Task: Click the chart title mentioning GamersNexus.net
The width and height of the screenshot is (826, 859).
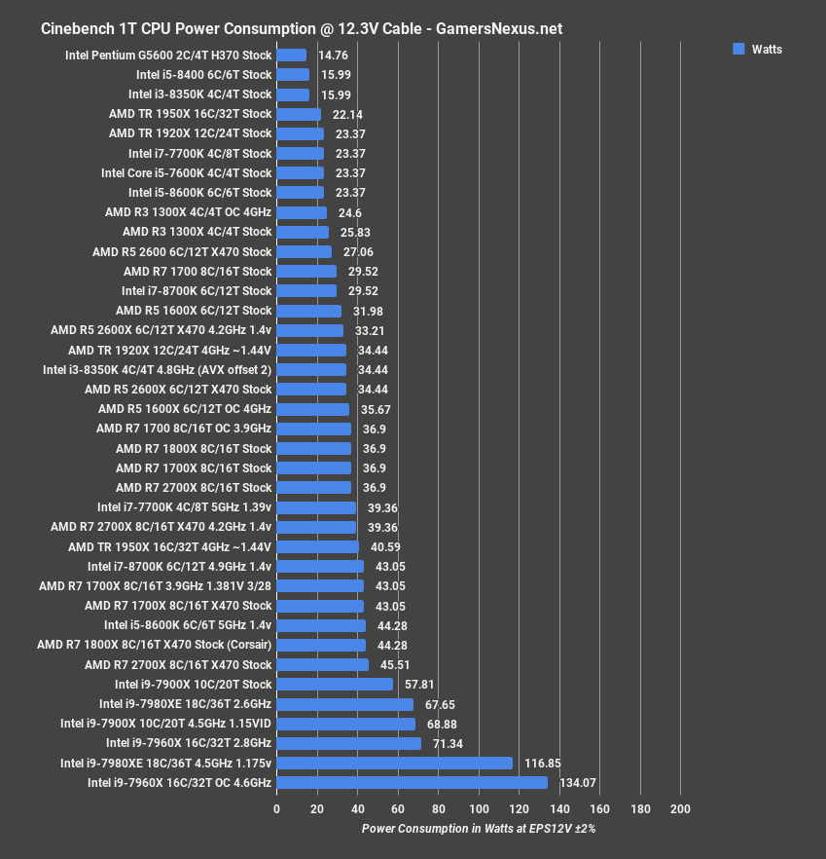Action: tap(301, 28)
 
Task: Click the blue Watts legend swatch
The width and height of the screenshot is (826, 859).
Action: tap(738, 50)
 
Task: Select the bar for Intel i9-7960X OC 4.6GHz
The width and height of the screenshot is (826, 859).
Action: tap(412, 782)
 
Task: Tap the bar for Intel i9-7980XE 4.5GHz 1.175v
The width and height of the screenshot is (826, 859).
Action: tap(394, 763)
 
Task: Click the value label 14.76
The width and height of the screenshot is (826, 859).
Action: tap(333, 56)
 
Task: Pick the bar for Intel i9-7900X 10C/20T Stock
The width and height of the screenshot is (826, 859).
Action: tap(335, 684)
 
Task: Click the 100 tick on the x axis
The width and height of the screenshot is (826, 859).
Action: tap(479, 809)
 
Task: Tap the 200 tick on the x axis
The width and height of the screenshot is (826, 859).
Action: tap(680, 809)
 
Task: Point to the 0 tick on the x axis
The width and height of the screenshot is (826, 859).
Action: tap(277, 809)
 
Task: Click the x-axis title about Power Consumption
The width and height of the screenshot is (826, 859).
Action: tap(478, 829)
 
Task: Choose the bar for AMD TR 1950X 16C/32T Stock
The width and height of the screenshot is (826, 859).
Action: tap(299, 114)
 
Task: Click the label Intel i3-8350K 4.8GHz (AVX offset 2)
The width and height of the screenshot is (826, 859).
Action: tap(157, 369)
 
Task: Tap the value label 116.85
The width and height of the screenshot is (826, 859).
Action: tap(543, 763)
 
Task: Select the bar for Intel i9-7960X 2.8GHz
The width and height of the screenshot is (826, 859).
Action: tap(348, 743)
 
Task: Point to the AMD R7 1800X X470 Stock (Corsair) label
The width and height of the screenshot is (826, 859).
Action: tap(154, 645)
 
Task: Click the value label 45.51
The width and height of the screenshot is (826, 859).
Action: tap(396, 664)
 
